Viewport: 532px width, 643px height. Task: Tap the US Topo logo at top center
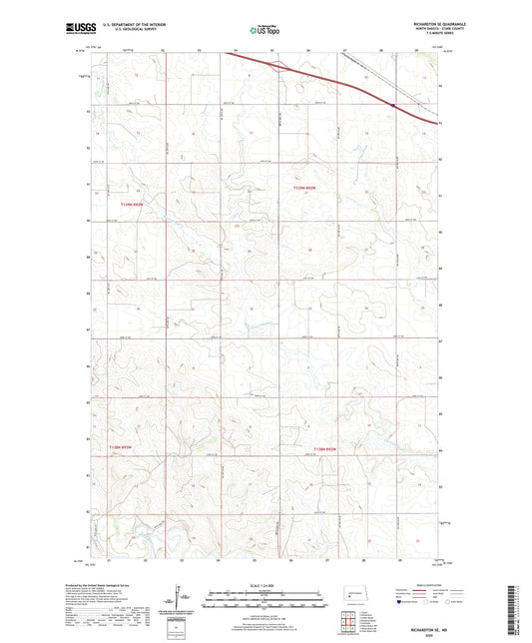pos(263,30)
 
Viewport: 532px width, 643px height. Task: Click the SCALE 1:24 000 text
pos(266,585)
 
